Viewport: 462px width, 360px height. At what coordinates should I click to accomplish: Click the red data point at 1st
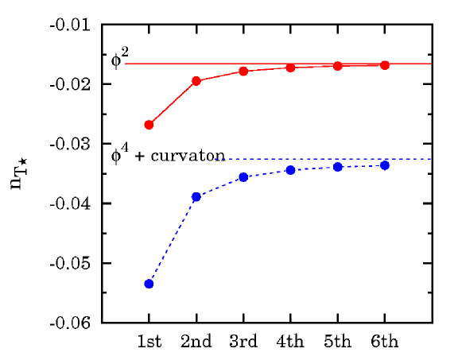[x=149, y=125]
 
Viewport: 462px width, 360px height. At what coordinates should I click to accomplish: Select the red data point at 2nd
[x=196, y=81]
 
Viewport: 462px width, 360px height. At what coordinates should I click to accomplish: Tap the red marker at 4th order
[x=290, y=68]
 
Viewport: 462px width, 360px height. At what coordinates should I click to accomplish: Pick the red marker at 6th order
[x=385, y=65]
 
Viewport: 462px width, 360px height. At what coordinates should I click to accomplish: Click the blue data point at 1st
[x=149, y=284]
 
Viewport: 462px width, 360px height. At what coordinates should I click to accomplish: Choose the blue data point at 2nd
[x=196, y=196]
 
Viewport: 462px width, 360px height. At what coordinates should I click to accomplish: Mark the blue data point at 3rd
[x=243, y=176]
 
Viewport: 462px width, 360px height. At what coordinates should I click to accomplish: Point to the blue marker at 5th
[x=338, y=167]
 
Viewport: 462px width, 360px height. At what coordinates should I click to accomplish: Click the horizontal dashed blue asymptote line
[x=334, y=159]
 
